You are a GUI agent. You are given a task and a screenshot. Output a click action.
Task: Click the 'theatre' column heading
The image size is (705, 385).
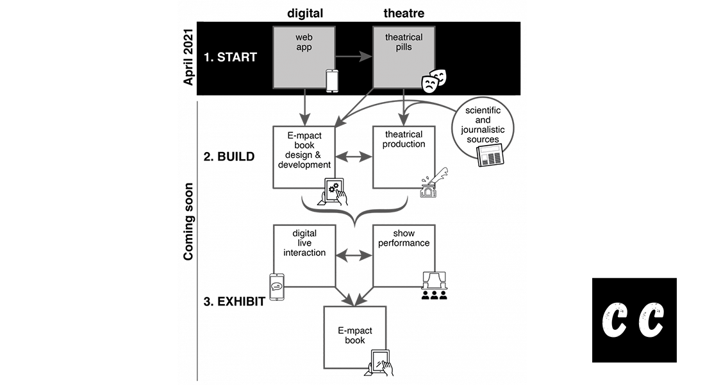coord(404,13)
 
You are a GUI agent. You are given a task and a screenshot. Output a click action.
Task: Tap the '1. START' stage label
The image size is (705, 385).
coord(230,57)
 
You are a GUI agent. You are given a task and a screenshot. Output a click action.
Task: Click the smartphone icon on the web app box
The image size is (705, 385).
coord(332,81)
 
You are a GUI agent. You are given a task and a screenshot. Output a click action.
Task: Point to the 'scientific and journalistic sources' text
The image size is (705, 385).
coord(482,125)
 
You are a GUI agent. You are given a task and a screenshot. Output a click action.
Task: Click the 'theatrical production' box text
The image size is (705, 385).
coord(404,139)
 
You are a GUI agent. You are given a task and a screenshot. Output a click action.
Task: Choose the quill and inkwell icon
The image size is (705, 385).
coord(434,184)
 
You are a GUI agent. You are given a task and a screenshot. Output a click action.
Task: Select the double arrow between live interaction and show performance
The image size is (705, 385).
coord(354,255)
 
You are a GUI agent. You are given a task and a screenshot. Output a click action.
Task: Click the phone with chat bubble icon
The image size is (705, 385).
coord(277,287)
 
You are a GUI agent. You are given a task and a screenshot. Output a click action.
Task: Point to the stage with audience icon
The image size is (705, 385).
coord(434,286)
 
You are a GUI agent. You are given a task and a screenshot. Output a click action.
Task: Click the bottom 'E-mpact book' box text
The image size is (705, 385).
coord(354,335)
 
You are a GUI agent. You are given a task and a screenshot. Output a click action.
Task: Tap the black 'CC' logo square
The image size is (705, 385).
coord(634,320)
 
